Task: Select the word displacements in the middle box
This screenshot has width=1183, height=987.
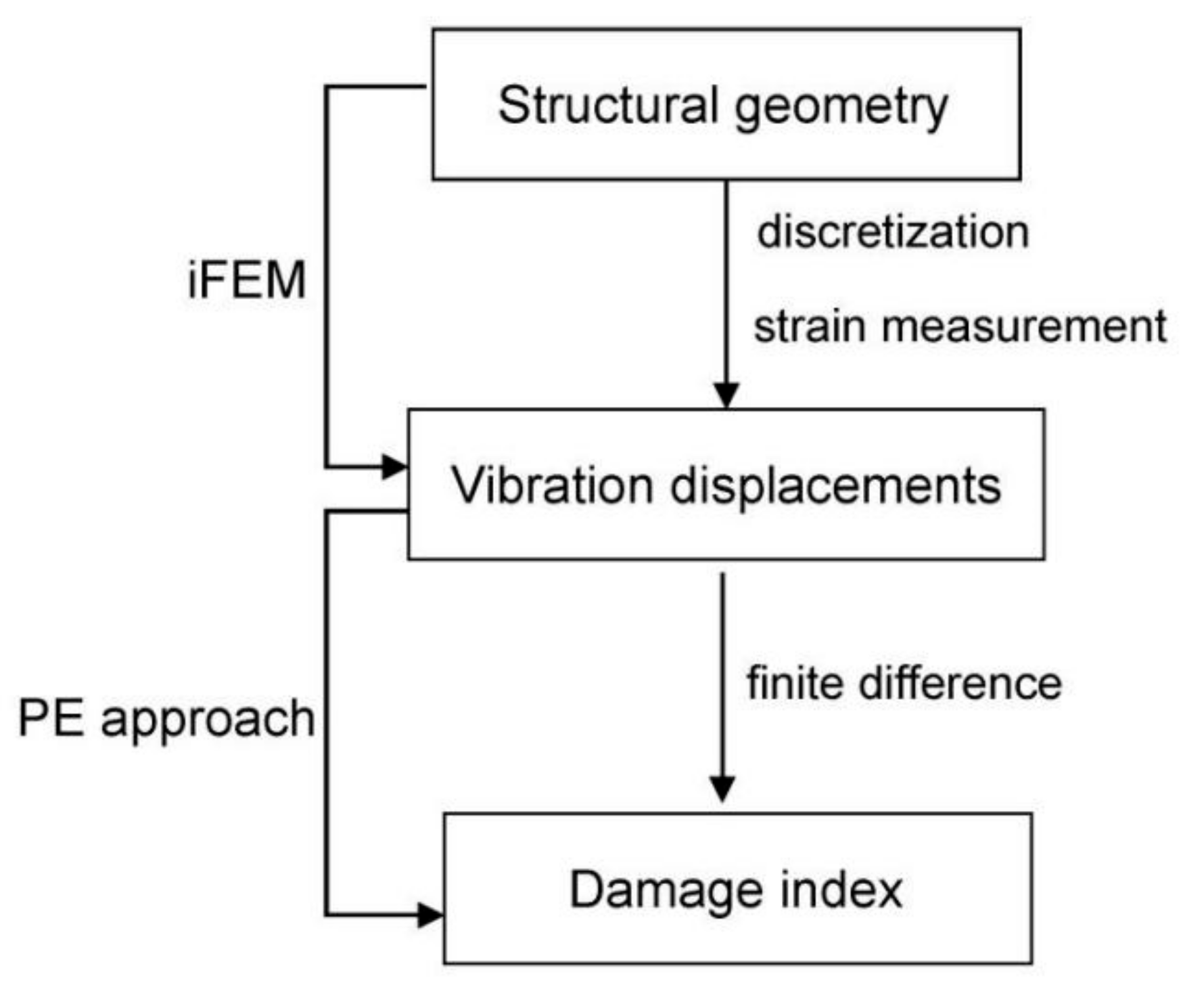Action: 835,487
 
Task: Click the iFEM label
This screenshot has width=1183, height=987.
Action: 246,280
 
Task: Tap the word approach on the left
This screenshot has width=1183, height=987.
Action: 208,720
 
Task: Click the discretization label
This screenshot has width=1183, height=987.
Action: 892,232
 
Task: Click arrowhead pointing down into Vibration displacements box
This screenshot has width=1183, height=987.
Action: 726,395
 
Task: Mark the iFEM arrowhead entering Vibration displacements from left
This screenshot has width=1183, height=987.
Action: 394,466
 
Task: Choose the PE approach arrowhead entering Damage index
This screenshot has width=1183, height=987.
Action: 430,915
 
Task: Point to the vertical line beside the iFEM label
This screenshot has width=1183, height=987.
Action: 326,278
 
